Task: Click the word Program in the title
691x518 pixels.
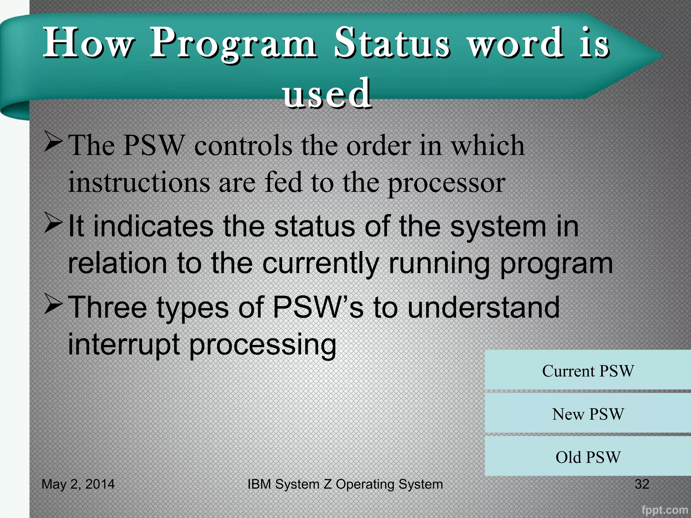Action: [x=233, y=44]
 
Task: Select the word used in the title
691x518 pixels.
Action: [x=327, y=94]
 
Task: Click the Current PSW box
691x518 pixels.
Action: [x=588, y=371]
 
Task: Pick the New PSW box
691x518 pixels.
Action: [x=588, y=414]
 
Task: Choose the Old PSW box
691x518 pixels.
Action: [x=588, y=457]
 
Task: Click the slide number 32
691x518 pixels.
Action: [x=642, y=484]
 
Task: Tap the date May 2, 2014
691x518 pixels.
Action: [x=78, y=484]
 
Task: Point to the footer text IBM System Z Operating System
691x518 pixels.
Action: [x=345, y=484]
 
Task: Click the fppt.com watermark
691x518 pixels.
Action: [x=664, y=510]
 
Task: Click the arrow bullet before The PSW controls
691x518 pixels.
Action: [x=53, y=142]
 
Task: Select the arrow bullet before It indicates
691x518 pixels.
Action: [x=53, y=223]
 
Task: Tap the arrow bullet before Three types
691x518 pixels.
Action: [x=53, y=304]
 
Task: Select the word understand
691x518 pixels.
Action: [x=483, y=308]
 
